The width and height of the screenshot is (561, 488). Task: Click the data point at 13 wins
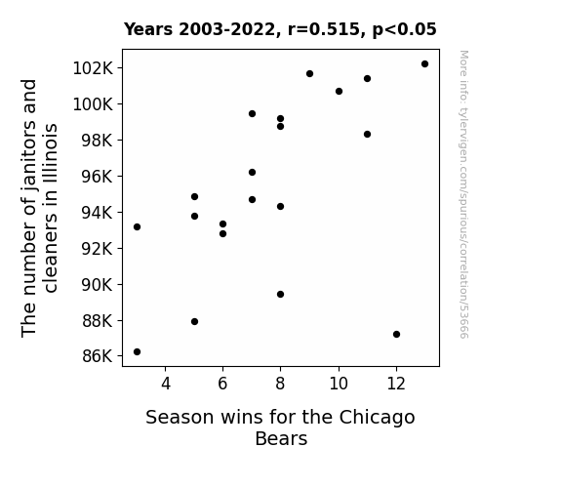pos(424,64)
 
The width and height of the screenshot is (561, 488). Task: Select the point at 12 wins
pos(396,334)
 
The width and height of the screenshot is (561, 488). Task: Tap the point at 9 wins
pos(310,74)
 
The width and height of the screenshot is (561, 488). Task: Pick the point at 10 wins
pos(339,92)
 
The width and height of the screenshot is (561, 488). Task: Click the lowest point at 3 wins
pos(137,352)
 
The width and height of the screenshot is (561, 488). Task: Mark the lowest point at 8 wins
pos(281,295)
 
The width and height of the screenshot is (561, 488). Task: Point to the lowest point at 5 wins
pos(194,321)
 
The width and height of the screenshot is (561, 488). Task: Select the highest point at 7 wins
pos(253,114)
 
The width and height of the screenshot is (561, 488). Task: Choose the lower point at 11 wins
pos(367,135)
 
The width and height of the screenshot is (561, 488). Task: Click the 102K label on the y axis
pos(93,68)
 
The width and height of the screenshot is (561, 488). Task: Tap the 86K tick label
pos(98,356)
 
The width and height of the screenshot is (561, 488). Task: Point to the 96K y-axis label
pos(98,177)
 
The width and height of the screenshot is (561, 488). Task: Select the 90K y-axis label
pos(98,285)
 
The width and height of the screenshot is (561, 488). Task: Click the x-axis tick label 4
pos(166,384)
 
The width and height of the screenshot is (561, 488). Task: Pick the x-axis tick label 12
pos(396,384)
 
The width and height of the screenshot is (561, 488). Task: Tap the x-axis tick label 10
pos(339,384)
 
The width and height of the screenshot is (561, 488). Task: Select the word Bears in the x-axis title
pos(281,438)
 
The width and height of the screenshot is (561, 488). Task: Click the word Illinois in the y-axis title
pos(50,154)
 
